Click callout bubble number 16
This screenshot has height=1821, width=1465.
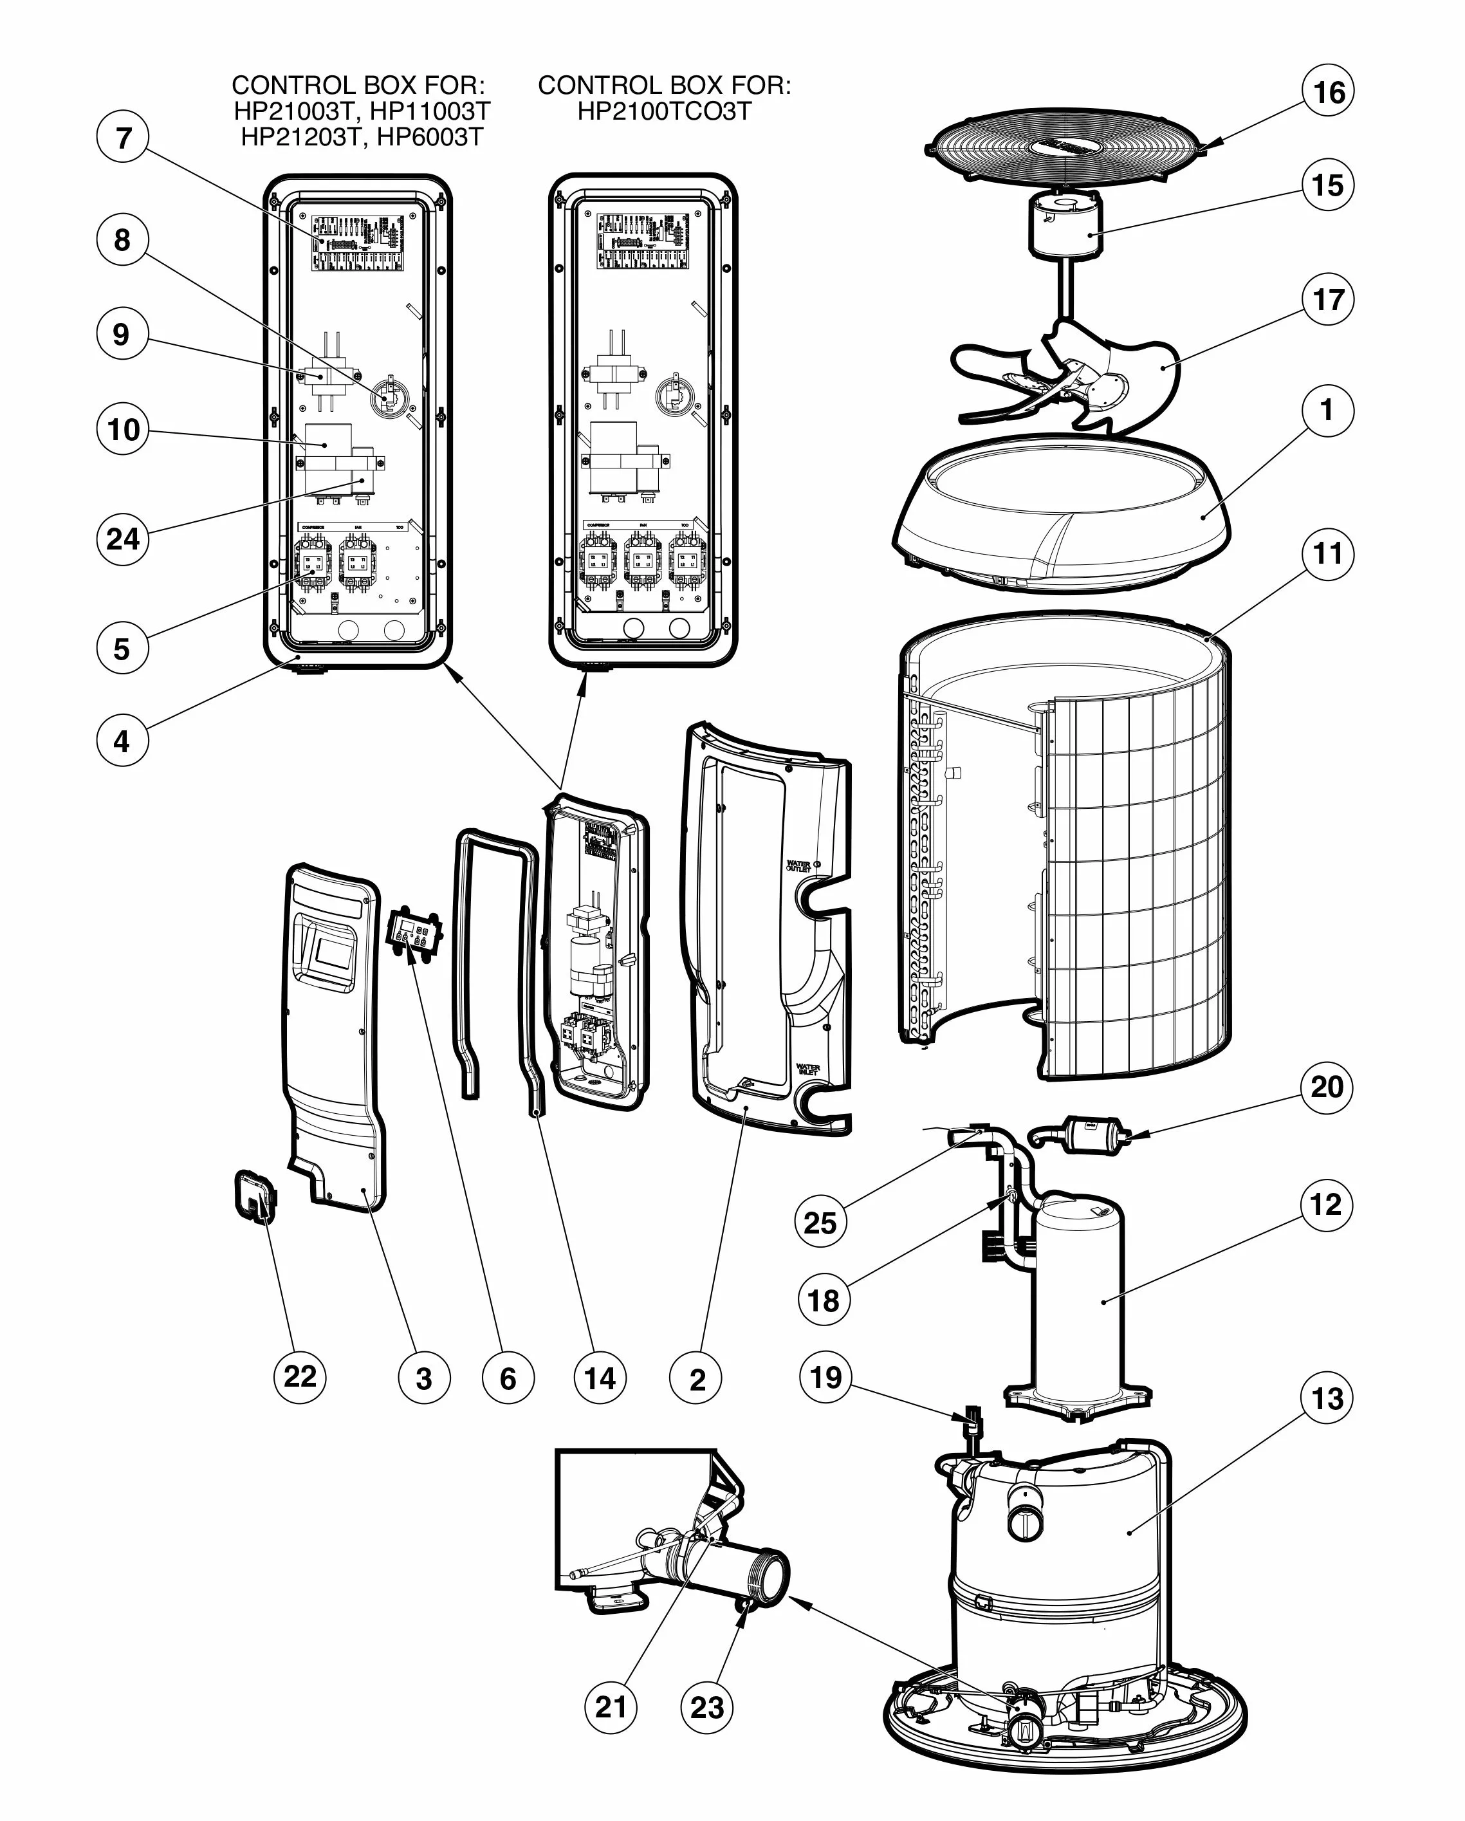click(x=1328, y=91)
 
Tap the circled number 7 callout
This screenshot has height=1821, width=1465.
click(x=124, y=137)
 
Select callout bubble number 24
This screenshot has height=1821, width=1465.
click(x=122, y=538)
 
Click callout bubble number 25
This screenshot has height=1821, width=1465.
click(x=820, y=1222)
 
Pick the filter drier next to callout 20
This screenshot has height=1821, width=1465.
click(x=1090, y=1134)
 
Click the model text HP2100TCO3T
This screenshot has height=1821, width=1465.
click(x=664, y=111)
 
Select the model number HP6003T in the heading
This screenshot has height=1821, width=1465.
click(x=430, y=137)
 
